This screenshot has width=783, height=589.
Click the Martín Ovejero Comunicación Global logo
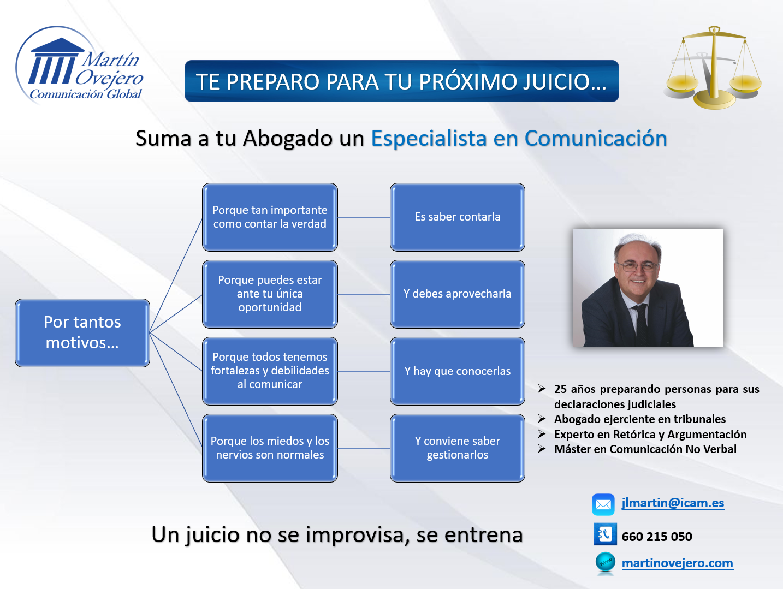79,64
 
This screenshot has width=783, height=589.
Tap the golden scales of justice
713,68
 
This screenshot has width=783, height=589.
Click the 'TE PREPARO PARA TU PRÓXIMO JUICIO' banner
402,81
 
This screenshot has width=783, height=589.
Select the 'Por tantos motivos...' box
82,332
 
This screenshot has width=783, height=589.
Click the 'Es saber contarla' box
458,217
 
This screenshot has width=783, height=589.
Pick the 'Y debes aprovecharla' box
458,294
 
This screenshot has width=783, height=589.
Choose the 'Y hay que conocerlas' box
458,371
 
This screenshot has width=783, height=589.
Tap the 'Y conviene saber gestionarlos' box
458,448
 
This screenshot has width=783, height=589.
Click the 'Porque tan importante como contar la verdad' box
270,217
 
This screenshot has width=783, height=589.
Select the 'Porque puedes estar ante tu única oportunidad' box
270,294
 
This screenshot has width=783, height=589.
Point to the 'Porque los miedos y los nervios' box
270,448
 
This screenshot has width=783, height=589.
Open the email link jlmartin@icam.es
673,503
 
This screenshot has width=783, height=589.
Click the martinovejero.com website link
678,563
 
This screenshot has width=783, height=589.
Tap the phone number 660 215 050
657,536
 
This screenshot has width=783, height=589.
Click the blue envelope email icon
603,504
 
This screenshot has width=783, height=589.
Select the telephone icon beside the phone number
605,534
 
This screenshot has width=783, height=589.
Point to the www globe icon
606,563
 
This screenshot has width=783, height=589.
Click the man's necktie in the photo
641,324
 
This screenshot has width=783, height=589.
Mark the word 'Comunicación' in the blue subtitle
596,138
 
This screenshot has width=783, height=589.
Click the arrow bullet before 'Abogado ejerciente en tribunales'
542,419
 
